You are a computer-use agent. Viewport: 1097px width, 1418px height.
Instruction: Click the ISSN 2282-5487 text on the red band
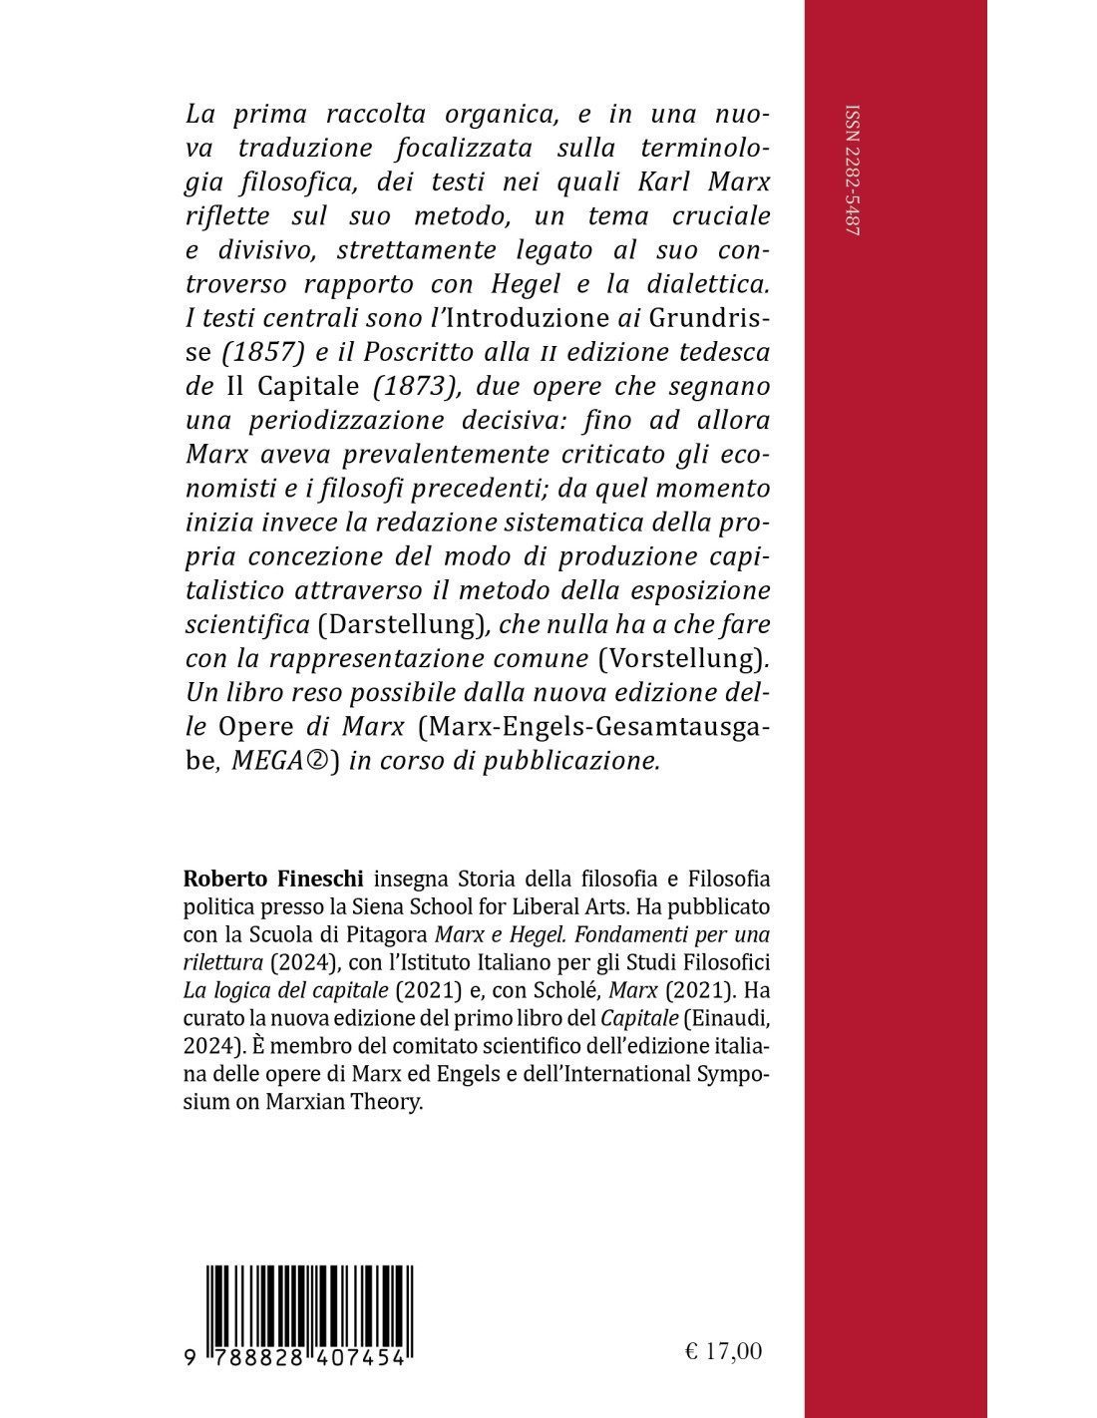click(854, 180)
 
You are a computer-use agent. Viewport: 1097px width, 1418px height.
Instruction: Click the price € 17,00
click(724, 1351)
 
